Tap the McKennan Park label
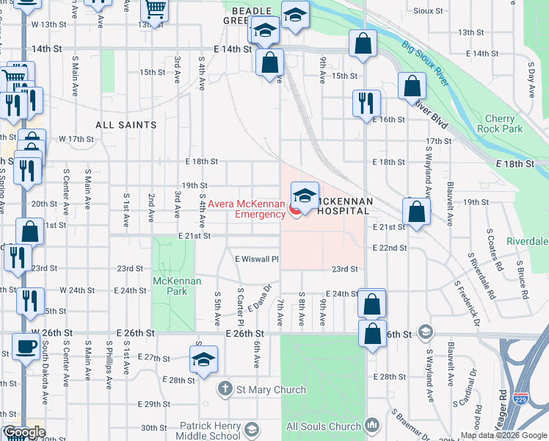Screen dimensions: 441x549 click(x=170, y=286)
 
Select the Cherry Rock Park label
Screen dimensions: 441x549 click(x=503, y=123)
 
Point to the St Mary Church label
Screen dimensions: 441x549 click(x=268, y=388)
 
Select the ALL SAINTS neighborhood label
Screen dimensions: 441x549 click(x=126, y=126)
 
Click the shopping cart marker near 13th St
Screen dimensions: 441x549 click(x=155, y=10)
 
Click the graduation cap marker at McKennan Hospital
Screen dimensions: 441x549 click(x=305, y=196)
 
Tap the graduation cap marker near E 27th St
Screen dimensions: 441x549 click(x=202, y=360)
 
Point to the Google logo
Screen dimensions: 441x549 click(x=24, y=432)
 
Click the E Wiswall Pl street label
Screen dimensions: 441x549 click(x=258, y=259)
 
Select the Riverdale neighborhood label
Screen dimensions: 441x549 click(x=526, y=241)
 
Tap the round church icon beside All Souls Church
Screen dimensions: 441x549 click(x=372, y=426)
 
